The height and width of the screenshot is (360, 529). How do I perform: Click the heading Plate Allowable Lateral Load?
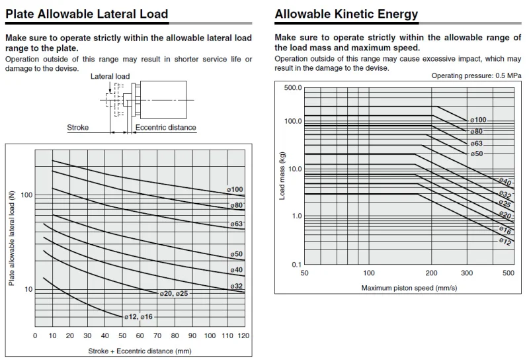87,14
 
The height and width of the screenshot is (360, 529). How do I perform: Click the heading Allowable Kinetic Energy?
346,14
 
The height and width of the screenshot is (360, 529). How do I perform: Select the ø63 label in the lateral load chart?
237,224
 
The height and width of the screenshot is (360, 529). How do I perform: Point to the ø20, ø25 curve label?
174,292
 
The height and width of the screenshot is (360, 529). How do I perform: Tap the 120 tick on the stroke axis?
243,336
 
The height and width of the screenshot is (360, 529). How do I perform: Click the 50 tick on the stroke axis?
122,336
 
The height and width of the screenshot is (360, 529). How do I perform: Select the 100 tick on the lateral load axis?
26,195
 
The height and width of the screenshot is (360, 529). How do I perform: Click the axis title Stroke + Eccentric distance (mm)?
140,351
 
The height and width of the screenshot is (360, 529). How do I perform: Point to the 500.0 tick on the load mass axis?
292,87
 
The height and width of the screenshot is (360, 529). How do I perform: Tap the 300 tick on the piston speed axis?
467,273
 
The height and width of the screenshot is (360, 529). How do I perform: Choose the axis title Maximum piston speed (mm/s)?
409,288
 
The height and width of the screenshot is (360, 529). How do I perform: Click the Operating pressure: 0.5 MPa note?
476,76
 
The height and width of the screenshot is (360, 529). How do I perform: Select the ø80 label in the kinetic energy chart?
476,132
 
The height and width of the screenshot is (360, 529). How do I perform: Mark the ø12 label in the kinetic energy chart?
505,242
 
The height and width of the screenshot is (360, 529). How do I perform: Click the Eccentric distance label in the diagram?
165,128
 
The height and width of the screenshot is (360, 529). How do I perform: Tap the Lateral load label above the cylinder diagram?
110,76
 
